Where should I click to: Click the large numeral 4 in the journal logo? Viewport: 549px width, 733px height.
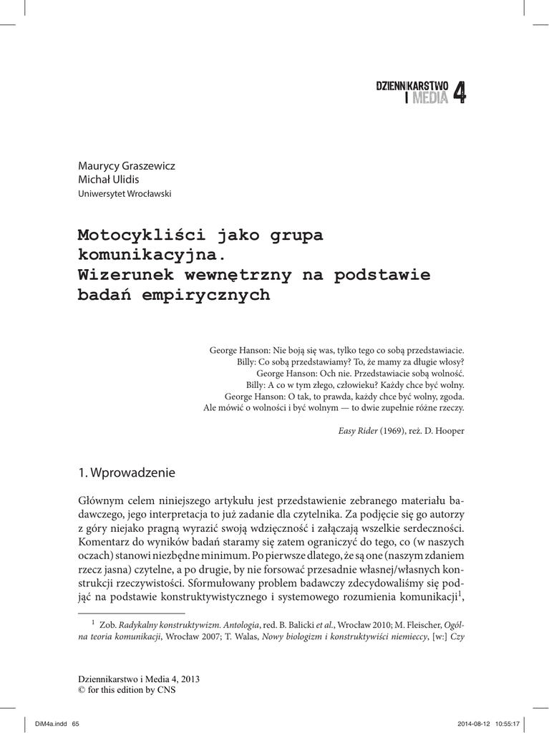459,93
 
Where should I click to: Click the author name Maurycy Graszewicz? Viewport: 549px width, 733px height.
127,165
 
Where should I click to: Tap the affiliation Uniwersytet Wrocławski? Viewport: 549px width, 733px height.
124,193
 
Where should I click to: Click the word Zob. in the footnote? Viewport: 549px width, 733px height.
107,624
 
